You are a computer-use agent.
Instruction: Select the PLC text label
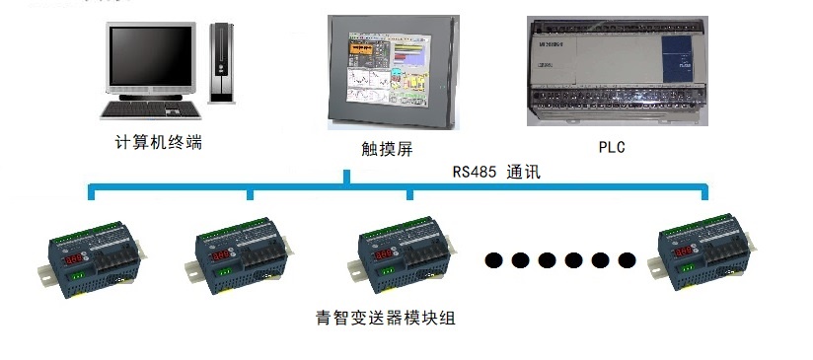[x=612, y=148]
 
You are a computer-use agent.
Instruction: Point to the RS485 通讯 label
[x=496, y=171]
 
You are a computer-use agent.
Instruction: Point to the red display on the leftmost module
[x=73, y=257]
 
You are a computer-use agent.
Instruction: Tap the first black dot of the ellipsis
[x=494, y=260]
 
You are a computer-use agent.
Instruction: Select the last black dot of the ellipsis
[x=627, y=260]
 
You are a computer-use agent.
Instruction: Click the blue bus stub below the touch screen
[x=346, y=178]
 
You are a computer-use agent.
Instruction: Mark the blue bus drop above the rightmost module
[x=704, y=191]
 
